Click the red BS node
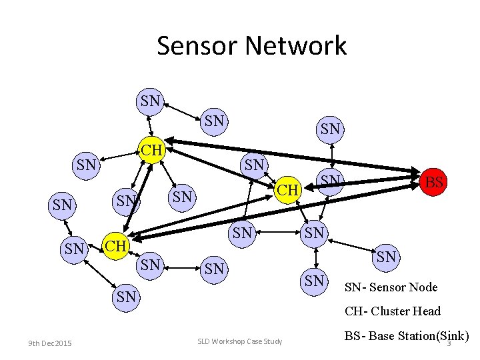tap(434, 181)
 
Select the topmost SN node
tap(151, 101)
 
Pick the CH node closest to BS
tap(287, 190)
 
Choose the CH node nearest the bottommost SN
tap(115, 245)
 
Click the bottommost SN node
tap(126, 297)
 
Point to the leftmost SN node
tap(62, 205)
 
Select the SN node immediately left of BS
tap(330, 180)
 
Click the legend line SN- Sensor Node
tap(391, 287)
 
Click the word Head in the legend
tap(427, 311)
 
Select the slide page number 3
tap(449, 343)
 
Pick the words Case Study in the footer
tap(266, 342)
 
